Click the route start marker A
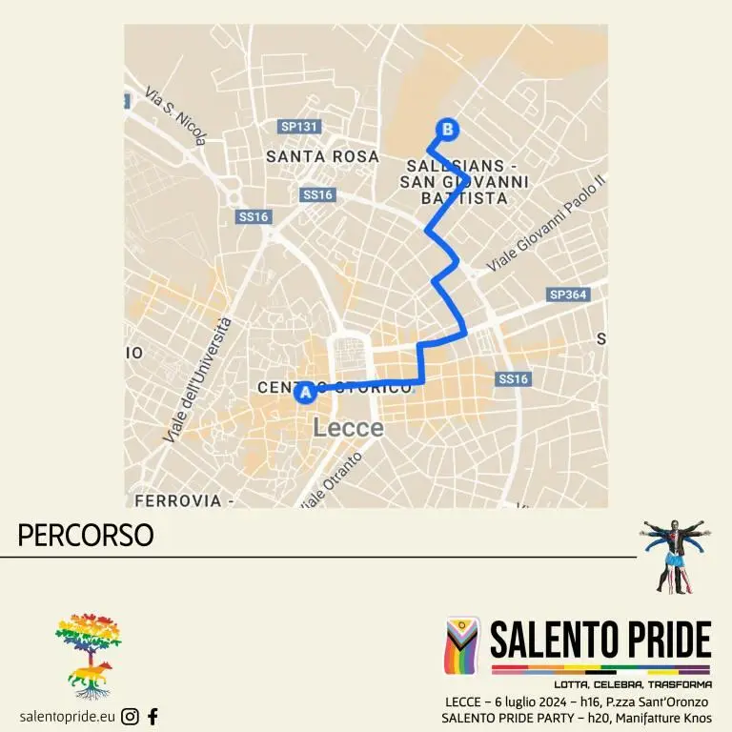(x=306, y=392)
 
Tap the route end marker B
(x=446, y=129)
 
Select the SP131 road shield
(x=298, y=126)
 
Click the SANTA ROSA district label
(x=322, y=156)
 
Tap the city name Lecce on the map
(x=348, y=428)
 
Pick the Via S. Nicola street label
(x=176, y=116)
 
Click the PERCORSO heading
(x=86, y=536)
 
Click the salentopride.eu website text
(x=67, y=717)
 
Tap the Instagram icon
(x=131, y=717)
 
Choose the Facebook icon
(x=152, y=717)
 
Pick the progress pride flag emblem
(x=463, y=646)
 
